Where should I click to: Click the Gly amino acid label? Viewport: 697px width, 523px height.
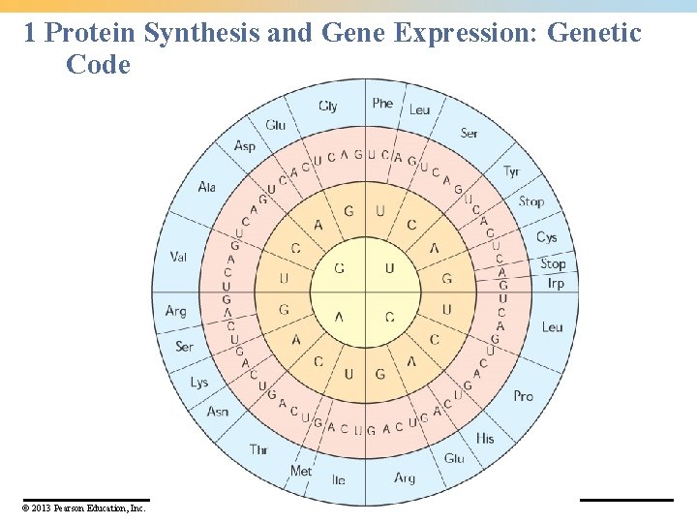tap(328, 106)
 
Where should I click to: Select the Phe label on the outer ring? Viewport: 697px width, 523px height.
tap(383, 103)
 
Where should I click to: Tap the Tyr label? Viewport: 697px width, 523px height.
tap(512, 171)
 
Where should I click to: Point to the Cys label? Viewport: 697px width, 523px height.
tap(547, 237)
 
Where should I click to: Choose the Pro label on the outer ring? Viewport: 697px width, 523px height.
tap(523, 395)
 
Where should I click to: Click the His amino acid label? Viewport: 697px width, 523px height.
tap(485, 439)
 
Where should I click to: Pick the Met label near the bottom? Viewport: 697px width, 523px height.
tap(301, 471)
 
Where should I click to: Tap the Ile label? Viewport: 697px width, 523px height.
tap(338, 479)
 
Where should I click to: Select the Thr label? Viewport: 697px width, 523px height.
tap(258, 449)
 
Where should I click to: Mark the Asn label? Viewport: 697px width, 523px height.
tap(218, 412)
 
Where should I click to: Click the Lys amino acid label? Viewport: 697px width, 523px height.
tap(199, 382)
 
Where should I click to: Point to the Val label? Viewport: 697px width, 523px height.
tap(178, 257)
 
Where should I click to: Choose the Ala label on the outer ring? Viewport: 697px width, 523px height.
tap(206, 187)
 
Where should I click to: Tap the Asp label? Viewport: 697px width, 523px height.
tap(244, 146)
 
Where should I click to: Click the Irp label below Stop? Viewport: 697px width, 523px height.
tap(556, 283)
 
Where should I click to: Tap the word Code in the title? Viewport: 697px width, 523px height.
tap(98, 65)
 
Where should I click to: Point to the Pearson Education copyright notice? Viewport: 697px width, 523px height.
tap(84, 508)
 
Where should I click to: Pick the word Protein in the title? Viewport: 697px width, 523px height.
tap(92, 33)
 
